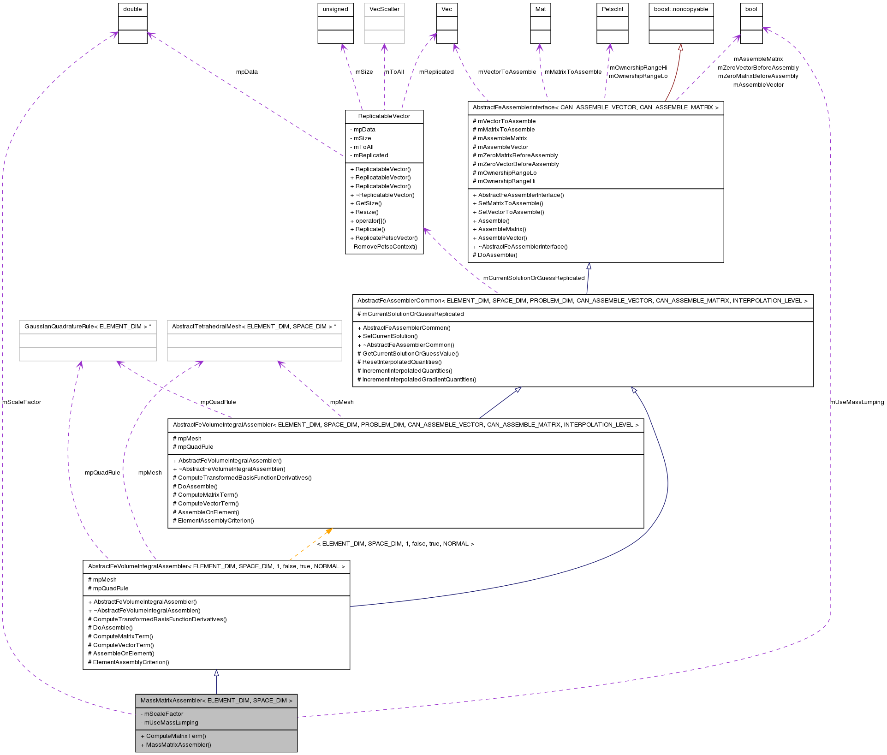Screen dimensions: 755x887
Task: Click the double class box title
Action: pos(132,9)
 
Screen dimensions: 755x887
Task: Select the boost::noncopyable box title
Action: pos(681,9)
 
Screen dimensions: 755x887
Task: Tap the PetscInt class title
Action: pos(612,9)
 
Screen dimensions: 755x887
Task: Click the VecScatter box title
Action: pos(384,9)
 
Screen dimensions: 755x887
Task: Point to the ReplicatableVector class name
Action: pos(384,116)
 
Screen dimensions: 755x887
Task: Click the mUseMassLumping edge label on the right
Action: pos(857,402)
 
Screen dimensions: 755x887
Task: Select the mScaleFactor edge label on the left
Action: pos(22,402)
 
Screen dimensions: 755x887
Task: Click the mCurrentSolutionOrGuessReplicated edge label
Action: pos(534,278)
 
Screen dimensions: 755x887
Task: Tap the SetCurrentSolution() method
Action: pos(390,336)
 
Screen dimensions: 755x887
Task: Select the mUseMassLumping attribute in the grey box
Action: pos(171,723)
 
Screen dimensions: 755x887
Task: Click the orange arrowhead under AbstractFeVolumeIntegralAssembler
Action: pos(329,531)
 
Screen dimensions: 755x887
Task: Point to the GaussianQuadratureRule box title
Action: pos(88,327)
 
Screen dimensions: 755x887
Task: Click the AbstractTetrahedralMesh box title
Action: pos(254,327)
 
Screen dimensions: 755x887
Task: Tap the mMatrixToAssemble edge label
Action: pos(573,72)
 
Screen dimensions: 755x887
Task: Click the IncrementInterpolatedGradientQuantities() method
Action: pos(419,380)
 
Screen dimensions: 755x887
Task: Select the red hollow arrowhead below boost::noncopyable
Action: pos(680,47)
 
